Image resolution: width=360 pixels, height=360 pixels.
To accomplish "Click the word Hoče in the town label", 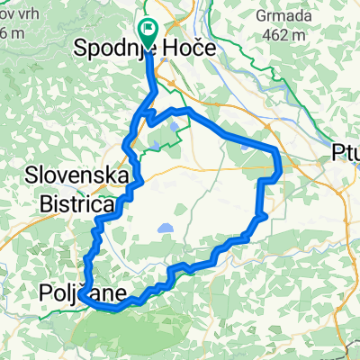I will tap(189, 49).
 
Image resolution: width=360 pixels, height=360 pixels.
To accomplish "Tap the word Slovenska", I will tap(76, 175).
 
